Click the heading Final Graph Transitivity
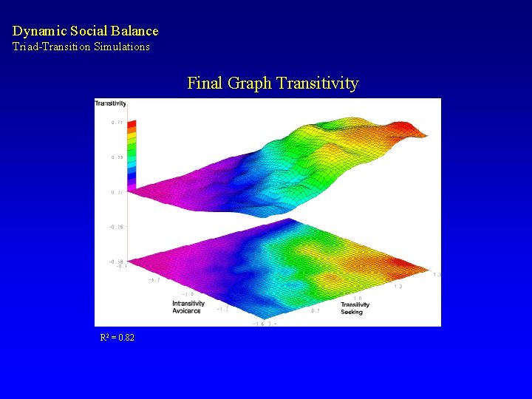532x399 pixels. (273, 83)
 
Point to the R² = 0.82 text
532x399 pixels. (117, 338)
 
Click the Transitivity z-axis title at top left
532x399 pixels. (110, 103)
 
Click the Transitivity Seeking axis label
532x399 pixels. (355, 308)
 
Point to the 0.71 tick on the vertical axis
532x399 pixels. (117, 123)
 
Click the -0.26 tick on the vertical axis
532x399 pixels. (116, 227)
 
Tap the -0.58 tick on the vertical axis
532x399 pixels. (116, 262)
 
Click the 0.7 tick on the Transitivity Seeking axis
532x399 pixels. (316, 311)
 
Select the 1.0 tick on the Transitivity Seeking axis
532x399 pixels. (357, 299)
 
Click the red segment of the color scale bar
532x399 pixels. (132, 124)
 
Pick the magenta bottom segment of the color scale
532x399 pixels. (132, 185)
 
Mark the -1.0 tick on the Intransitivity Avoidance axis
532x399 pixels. (188, 294)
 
